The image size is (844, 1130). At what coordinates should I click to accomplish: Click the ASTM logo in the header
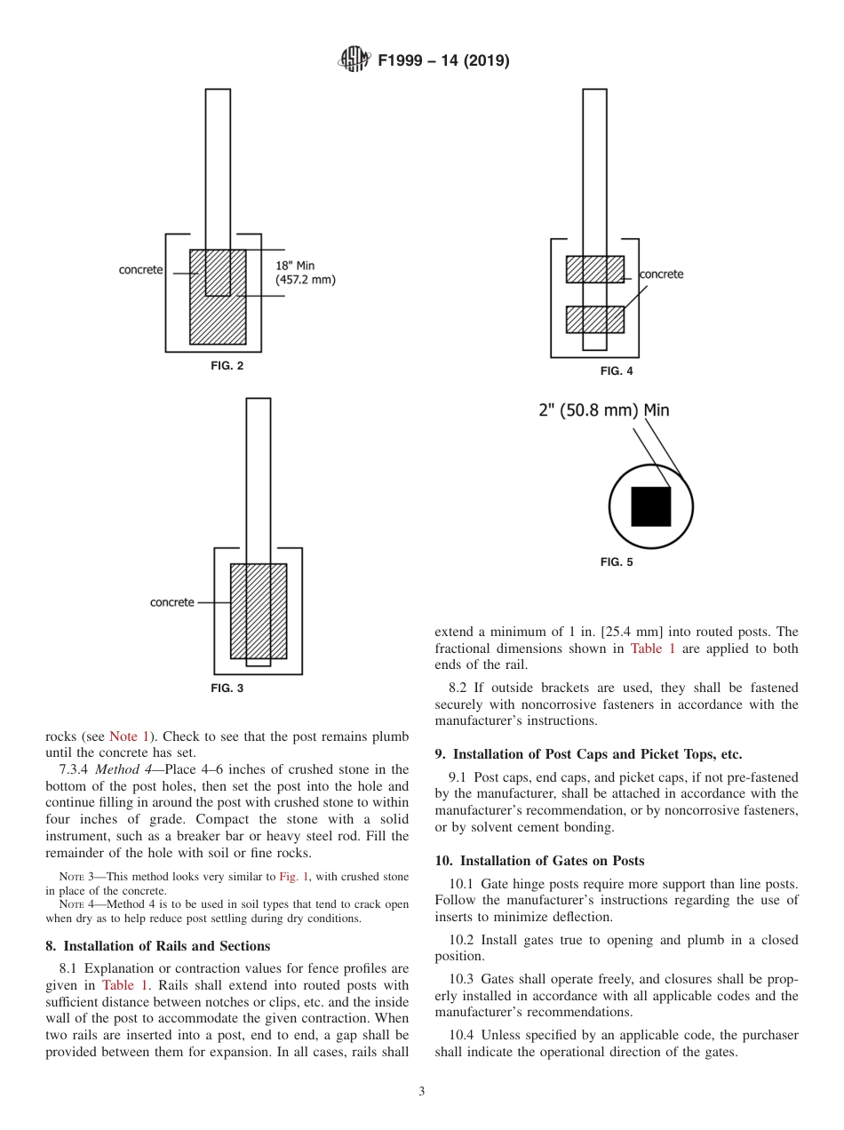pyautogui.click(x=354, y=60)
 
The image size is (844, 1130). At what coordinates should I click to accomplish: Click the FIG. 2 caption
pyautogui.click(x=227, y=366)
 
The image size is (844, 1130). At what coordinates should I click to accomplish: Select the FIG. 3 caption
pyautogui.click(x=227, y=688)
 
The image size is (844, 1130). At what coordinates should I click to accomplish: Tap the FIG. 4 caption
pyautogui.click(x=617, y=371)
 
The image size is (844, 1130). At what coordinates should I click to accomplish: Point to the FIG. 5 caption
pyautogui.click(x=617, y=561)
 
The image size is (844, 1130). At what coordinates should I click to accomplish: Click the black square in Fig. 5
pyautogui.click(x=650, y=506)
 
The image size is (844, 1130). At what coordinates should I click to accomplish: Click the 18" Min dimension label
pyautogui.click(x=295, y=265)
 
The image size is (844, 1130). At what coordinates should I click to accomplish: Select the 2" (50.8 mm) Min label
pyautogui.click(x=603, y=410)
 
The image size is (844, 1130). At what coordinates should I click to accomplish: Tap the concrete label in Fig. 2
pyautogui.click(x=141, y=269)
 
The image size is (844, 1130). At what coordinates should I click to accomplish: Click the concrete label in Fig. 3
pyautogui.click(x=171, y=602)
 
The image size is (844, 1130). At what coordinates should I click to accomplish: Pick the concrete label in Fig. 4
pyautogui.click(x=662, y=275)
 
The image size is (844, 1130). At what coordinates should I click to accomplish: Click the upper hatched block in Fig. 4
pyautogui.click(x=594, y=269)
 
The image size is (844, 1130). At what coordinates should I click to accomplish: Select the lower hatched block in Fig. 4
pyautogui.click(x=594, y=319)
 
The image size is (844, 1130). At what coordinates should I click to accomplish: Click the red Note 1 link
pyautogui.click(x=129, y=736)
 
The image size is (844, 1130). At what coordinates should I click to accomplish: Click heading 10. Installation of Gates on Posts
pyautogui.click(x=539, y=860)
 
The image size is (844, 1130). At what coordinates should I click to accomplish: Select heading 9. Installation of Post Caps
pyautogui.click(x=587, y=754)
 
